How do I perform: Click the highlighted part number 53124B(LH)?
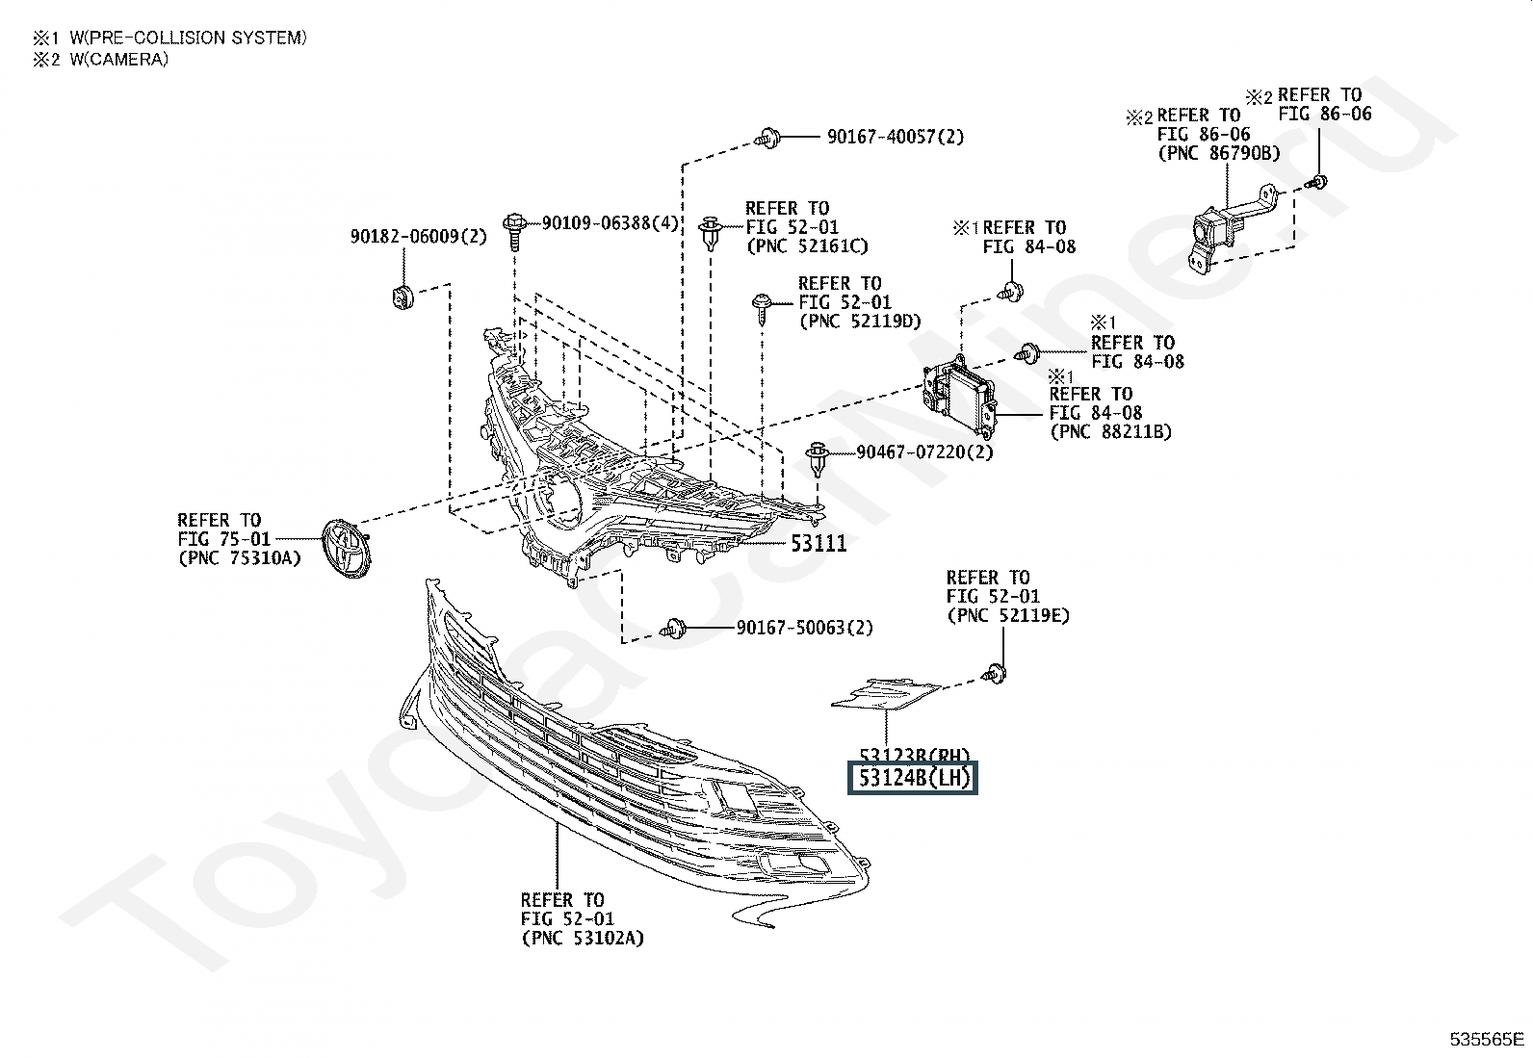click(912, 778)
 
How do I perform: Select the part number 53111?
click(818, 543)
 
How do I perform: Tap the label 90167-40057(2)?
click(895, 137)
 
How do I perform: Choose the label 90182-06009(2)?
click(418, 236)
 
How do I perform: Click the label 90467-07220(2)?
click(924, 452)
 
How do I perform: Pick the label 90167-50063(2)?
click(804, 628)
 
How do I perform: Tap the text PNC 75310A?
click(240, 558)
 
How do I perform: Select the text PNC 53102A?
click(583, 938)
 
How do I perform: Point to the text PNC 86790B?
click(1219, 153)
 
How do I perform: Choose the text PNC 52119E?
click(1007, 615)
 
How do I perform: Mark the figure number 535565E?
click(1488, 1040)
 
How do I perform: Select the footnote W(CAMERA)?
click(118, 59)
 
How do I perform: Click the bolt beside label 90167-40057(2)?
click(767, 137)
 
